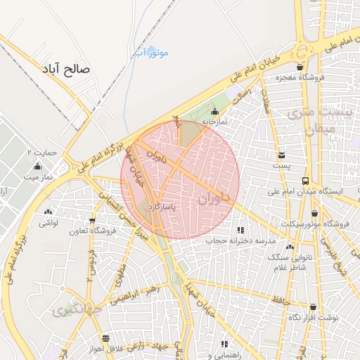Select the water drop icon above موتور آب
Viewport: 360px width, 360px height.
click(138, 51)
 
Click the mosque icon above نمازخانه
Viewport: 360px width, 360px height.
click(214, 110)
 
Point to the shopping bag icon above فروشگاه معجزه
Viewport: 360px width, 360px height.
click(300, 67)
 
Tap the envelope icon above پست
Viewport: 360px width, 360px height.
click(281, 155)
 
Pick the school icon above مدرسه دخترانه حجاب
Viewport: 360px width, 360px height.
click(241, 230)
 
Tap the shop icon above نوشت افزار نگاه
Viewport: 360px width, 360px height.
click(313, 307)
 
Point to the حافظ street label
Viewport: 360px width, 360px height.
click(281, 301)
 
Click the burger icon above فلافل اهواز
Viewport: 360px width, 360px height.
click(105, 338)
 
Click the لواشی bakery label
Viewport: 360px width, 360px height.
click(48, 222)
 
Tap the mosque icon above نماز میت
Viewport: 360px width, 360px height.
click(37, 167)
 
